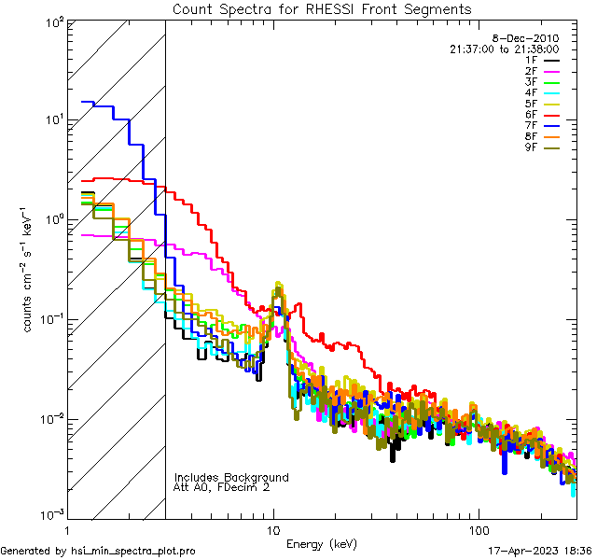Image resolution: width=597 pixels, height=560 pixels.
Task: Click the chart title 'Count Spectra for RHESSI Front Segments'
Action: click(x=322, y=8)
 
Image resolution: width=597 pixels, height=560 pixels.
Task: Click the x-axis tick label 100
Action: click(x=478, y=529)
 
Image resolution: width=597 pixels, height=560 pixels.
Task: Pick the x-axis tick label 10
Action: click(x=273, y=529)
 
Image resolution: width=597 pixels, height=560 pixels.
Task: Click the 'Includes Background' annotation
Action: click(x=231, y=477)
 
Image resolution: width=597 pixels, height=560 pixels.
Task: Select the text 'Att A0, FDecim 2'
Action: click(x=222, y=487)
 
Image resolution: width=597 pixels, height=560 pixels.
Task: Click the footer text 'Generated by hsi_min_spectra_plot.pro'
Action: click(x=98, y=551)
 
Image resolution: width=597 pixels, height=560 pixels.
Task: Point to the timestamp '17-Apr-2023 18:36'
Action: click(x=539, y=551)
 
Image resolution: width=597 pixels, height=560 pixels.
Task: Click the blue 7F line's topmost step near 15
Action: click(x=88, y=102)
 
